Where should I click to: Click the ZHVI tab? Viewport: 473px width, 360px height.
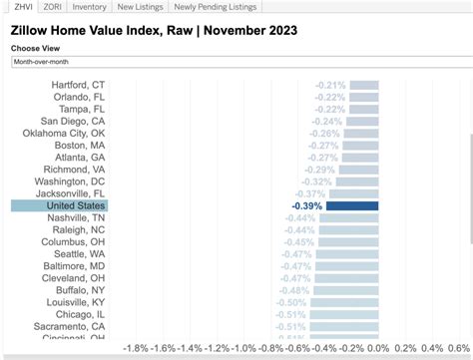coord(16,6)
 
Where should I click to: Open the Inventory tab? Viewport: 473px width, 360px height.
coord(90,6)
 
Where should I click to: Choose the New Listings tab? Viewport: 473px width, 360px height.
coord(140,6)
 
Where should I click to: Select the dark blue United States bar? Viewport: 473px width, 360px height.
coord(352,205)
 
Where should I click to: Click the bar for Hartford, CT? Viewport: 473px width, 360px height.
coord(365,86)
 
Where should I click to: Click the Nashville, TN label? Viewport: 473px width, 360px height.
coord(77,217)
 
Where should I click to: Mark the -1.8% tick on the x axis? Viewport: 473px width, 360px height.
coord(136,349)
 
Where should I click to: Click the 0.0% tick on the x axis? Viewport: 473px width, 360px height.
coord(377,349)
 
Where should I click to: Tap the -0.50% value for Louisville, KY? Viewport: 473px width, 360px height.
coord(290,301)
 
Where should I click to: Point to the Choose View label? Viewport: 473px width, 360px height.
coord(35,48)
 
